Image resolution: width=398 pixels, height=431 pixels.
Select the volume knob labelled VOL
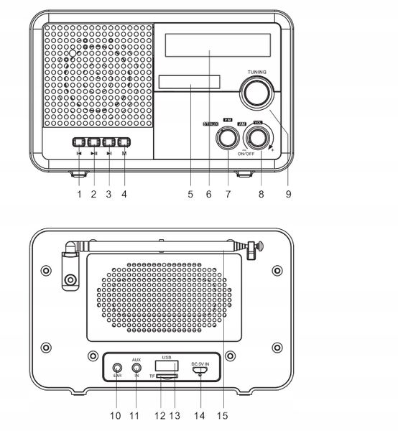tap(257, 136)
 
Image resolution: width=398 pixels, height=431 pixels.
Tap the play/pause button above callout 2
tap(93, 142)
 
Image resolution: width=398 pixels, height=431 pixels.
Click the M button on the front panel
tap(124, 142)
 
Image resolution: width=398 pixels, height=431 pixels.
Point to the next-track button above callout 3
tap(108, 142)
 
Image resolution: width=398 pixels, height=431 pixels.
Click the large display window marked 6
tap(218, 46)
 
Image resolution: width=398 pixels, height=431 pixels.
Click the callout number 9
tap(288, 194)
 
